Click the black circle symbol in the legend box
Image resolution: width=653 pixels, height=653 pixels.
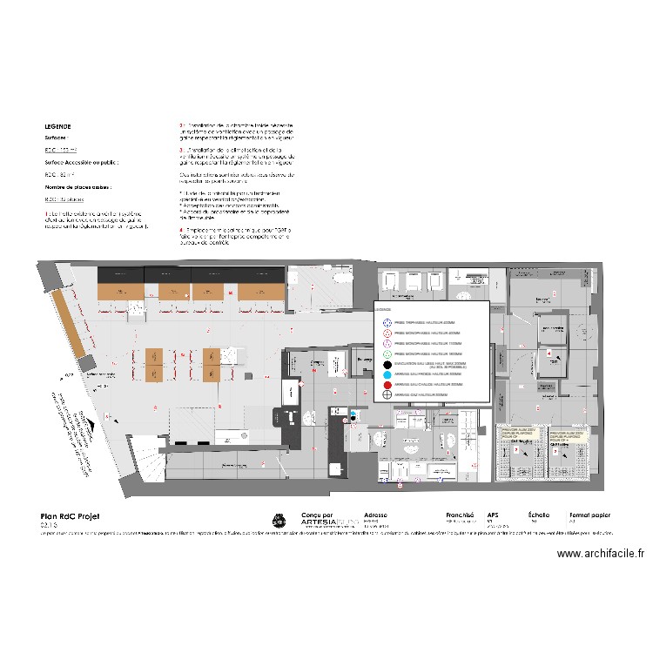pos(388,364)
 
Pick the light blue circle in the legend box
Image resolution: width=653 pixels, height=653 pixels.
pos(388,374)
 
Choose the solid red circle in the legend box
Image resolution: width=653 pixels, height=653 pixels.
pos(388,384)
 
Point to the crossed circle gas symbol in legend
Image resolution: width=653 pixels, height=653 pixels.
pos(388,394)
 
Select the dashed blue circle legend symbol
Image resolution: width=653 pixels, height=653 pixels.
pos(388,322)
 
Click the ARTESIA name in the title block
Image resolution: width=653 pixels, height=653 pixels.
pos(319,524)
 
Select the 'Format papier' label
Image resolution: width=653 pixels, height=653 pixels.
pos(588,515)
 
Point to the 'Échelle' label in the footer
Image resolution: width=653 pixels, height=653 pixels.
pos(539,515)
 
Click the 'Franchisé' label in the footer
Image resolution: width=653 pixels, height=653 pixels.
pos(459,515)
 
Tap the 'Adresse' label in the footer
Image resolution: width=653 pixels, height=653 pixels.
pos(376,515)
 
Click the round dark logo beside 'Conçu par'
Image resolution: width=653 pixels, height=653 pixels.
pos(279,520)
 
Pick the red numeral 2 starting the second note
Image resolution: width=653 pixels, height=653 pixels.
pos(180,126)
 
